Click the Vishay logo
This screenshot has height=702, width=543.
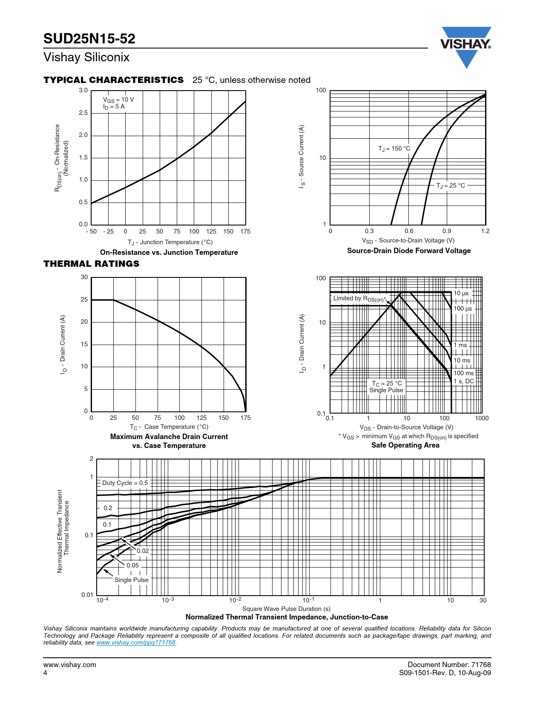pyautogui.click(x=466, y=46)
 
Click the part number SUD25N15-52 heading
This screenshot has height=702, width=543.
pyautogui.click(x=89, y=39)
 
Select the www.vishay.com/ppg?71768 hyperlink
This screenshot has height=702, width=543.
pyautogui.click(x=136, y=642)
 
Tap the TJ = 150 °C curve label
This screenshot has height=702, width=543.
pyautogui.click(x=394, y=148)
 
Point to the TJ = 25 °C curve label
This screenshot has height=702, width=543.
pyautogui.click(x=451, y=185)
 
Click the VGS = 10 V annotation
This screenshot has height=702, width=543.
pyautogui.click(x=118, y=100)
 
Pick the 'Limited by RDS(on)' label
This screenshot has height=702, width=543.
pyautogui.click(x=359, y=299)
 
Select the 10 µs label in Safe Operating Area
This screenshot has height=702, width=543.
pyautogui.click(x=461, y=293)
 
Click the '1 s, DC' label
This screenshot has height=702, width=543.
pyautogui.click(x=463, y=381)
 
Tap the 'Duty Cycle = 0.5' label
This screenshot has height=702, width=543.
pyautogui.click(x=125, y=483)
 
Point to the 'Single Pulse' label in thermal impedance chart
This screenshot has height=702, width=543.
pyautogui.click(x=131, y=580)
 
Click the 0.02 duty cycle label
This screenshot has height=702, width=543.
pyautogui.click(x=143, y=551)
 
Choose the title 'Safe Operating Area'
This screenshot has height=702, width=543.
pyautogui.click(x=405, y=445)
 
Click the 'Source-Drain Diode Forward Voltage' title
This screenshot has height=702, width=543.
pyautogui.click(x=408, y=251)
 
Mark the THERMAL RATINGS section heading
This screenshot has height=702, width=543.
pyautogui.click(x=91, y=264)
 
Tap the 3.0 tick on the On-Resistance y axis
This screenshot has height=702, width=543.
pyautogui.click(x=83, y=90)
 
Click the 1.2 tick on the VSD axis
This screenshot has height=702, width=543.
pyautogui.click(x=485, y=231)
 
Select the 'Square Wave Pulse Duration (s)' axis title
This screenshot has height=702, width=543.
pyautogui.click(x=286, y=609)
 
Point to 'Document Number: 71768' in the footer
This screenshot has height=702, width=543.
pyautogui.click(x=449, y=665)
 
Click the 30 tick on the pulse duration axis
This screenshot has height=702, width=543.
pyautogui.click(x=483, y=600)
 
